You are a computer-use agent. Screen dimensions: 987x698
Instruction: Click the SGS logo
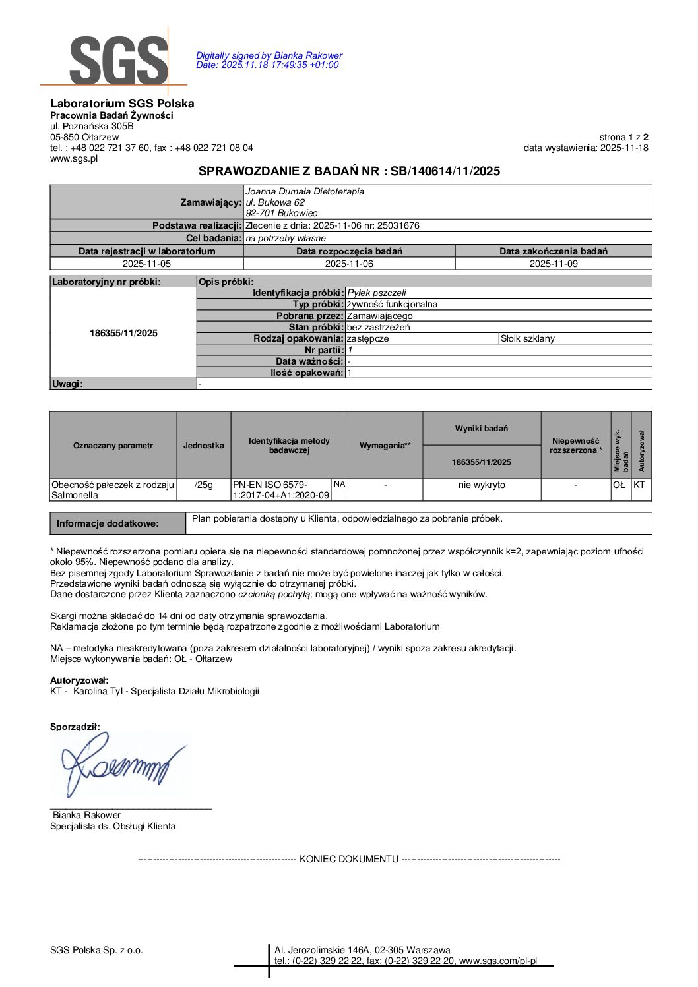[119, 60]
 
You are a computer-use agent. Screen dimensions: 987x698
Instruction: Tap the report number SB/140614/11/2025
[445, 171]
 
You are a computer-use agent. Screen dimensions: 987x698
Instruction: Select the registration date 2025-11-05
[146, 264]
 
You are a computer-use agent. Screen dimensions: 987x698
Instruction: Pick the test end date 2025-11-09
[553, 264]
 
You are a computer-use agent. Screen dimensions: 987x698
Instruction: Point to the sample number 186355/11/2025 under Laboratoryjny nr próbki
[124, 333]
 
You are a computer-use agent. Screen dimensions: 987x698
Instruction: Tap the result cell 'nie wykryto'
[482, 485]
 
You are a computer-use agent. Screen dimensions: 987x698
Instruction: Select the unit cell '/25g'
[204, 485]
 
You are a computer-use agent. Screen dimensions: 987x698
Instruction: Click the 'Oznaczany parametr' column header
[113, 446]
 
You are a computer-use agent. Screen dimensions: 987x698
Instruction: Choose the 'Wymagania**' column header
[385, 446]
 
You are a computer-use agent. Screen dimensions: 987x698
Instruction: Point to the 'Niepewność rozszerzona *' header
[575, 446]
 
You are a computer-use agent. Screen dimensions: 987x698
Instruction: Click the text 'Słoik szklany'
[528, 338]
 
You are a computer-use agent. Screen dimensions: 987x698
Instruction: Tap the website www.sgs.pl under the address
[74, 158]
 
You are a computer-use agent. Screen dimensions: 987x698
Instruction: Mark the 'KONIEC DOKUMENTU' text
[349, 859]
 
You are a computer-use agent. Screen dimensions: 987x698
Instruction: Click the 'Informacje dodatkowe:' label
[108, 523]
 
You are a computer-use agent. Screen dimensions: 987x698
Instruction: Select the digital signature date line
[267, 65]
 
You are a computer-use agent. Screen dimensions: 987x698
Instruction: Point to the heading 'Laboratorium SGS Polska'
[122, 104]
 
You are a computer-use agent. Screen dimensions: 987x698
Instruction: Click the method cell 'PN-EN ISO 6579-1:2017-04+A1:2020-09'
[281, 490]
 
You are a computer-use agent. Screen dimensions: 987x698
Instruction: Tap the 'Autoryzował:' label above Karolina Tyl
[79, 680]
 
